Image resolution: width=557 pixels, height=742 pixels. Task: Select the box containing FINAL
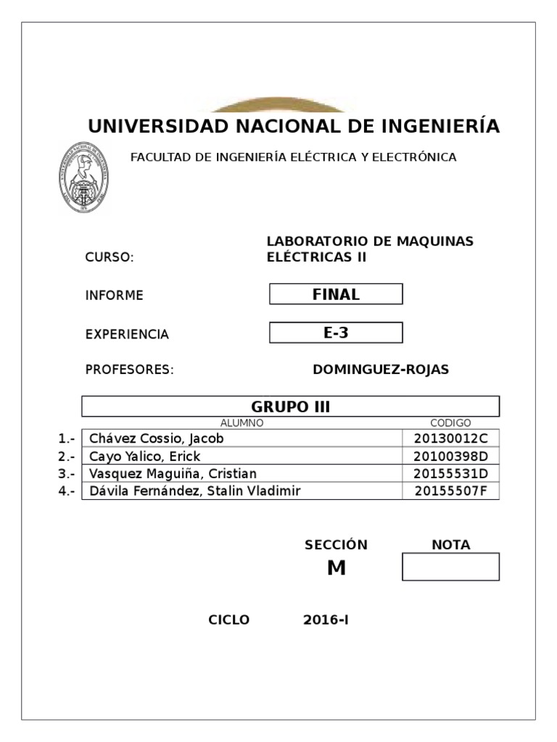point(336,294)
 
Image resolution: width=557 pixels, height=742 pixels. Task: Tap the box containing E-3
point(336,333)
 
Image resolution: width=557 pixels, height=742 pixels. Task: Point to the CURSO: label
point(110,258)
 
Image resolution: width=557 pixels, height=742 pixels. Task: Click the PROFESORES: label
point(130,370)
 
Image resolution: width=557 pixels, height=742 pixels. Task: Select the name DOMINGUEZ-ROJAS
point(381,370)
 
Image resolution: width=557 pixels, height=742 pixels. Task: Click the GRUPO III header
point(290,407)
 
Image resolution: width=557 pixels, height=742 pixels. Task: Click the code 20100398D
point(451,457)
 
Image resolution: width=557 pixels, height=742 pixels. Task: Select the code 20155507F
point(451,491)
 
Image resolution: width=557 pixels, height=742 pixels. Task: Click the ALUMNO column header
point(242,423)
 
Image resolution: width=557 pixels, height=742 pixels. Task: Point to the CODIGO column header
point(450,423)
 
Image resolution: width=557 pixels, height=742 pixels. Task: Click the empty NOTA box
point(450,567)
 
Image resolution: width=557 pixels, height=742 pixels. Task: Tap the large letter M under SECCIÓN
point(336,569)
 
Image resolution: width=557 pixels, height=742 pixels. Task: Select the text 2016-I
point(326,620)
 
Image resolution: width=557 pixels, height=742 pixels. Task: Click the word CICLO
point(228,620)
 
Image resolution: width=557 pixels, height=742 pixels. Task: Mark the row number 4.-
point(67,491)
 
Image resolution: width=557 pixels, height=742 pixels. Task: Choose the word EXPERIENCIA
point(127,334)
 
